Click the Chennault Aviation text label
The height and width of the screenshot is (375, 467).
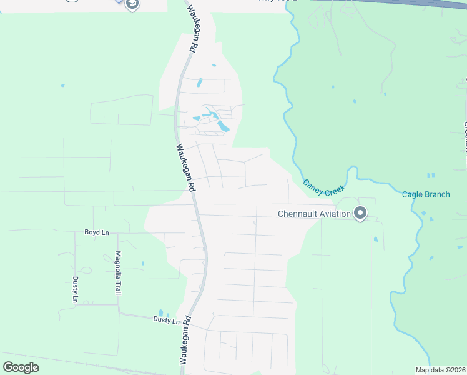coord(314,214)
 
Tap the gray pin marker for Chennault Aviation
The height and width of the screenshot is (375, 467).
coord(360,214)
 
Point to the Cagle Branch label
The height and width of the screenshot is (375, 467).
coord(426,194)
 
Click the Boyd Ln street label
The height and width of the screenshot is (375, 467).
coord(97,232)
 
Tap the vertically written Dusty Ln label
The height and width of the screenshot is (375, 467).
coord(76,289)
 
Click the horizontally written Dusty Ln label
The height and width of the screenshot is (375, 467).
coord(166,320)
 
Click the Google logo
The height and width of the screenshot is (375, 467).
coord(21,367)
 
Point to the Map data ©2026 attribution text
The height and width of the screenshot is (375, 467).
coord(440,370)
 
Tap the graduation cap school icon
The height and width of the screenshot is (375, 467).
coord(132,5)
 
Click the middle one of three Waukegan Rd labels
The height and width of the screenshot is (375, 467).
coord(185,167)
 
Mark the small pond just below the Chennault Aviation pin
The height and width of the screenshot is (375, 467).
coord(375,239)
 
